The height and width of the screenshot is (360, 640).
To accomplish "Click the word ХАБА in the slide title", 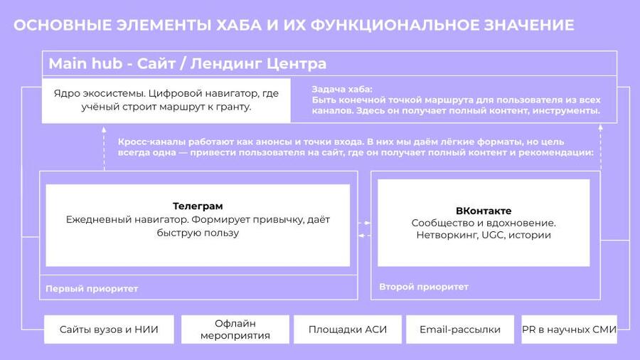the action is pos(239,25).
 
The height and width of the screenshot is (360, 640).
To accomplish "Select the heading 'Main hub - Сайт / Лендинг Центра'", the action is pos(187,63).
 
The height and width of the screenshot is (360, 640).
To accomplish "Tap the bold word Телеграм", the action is pos(198,206).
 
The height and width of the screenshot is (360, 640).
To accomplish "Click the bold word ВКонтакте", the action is pos(484,211).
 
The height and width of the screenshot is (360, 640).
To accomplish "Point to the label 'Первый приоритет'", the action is pos(92,289).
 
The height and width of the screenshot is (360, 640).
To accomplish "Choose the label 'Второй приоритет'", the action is pos(424,287).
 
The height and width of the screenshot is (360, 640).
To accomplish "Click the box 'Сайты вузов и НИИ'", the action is pos(109,329).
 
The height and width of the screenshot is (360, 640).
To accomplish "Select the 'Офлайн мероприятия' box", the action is pos(235,329).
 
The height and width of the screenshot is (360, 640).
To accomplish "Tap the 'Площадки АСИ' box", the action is pos(347,329).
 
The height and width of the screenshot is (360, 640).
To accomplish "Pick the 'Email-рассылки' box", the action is pos(460,329).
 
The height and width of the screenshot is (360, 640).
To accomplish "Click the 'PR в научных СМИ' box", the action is pos(569,329).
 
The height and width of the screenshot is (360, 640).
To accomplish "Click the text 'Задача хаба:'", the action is pos(342,90).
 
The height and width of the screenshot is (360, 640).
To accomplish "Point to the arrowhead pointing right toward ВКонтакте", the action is pos(368,223).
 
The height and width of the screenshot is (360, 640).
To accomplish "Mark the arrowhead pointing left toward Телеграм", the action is pos(361,235).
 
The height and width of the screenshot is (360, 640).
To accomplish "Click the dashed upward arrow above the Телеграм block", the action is pos(104,148).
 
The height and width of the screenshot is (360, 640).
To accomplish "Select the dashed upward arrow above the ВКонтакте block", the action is pos(600,147).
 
